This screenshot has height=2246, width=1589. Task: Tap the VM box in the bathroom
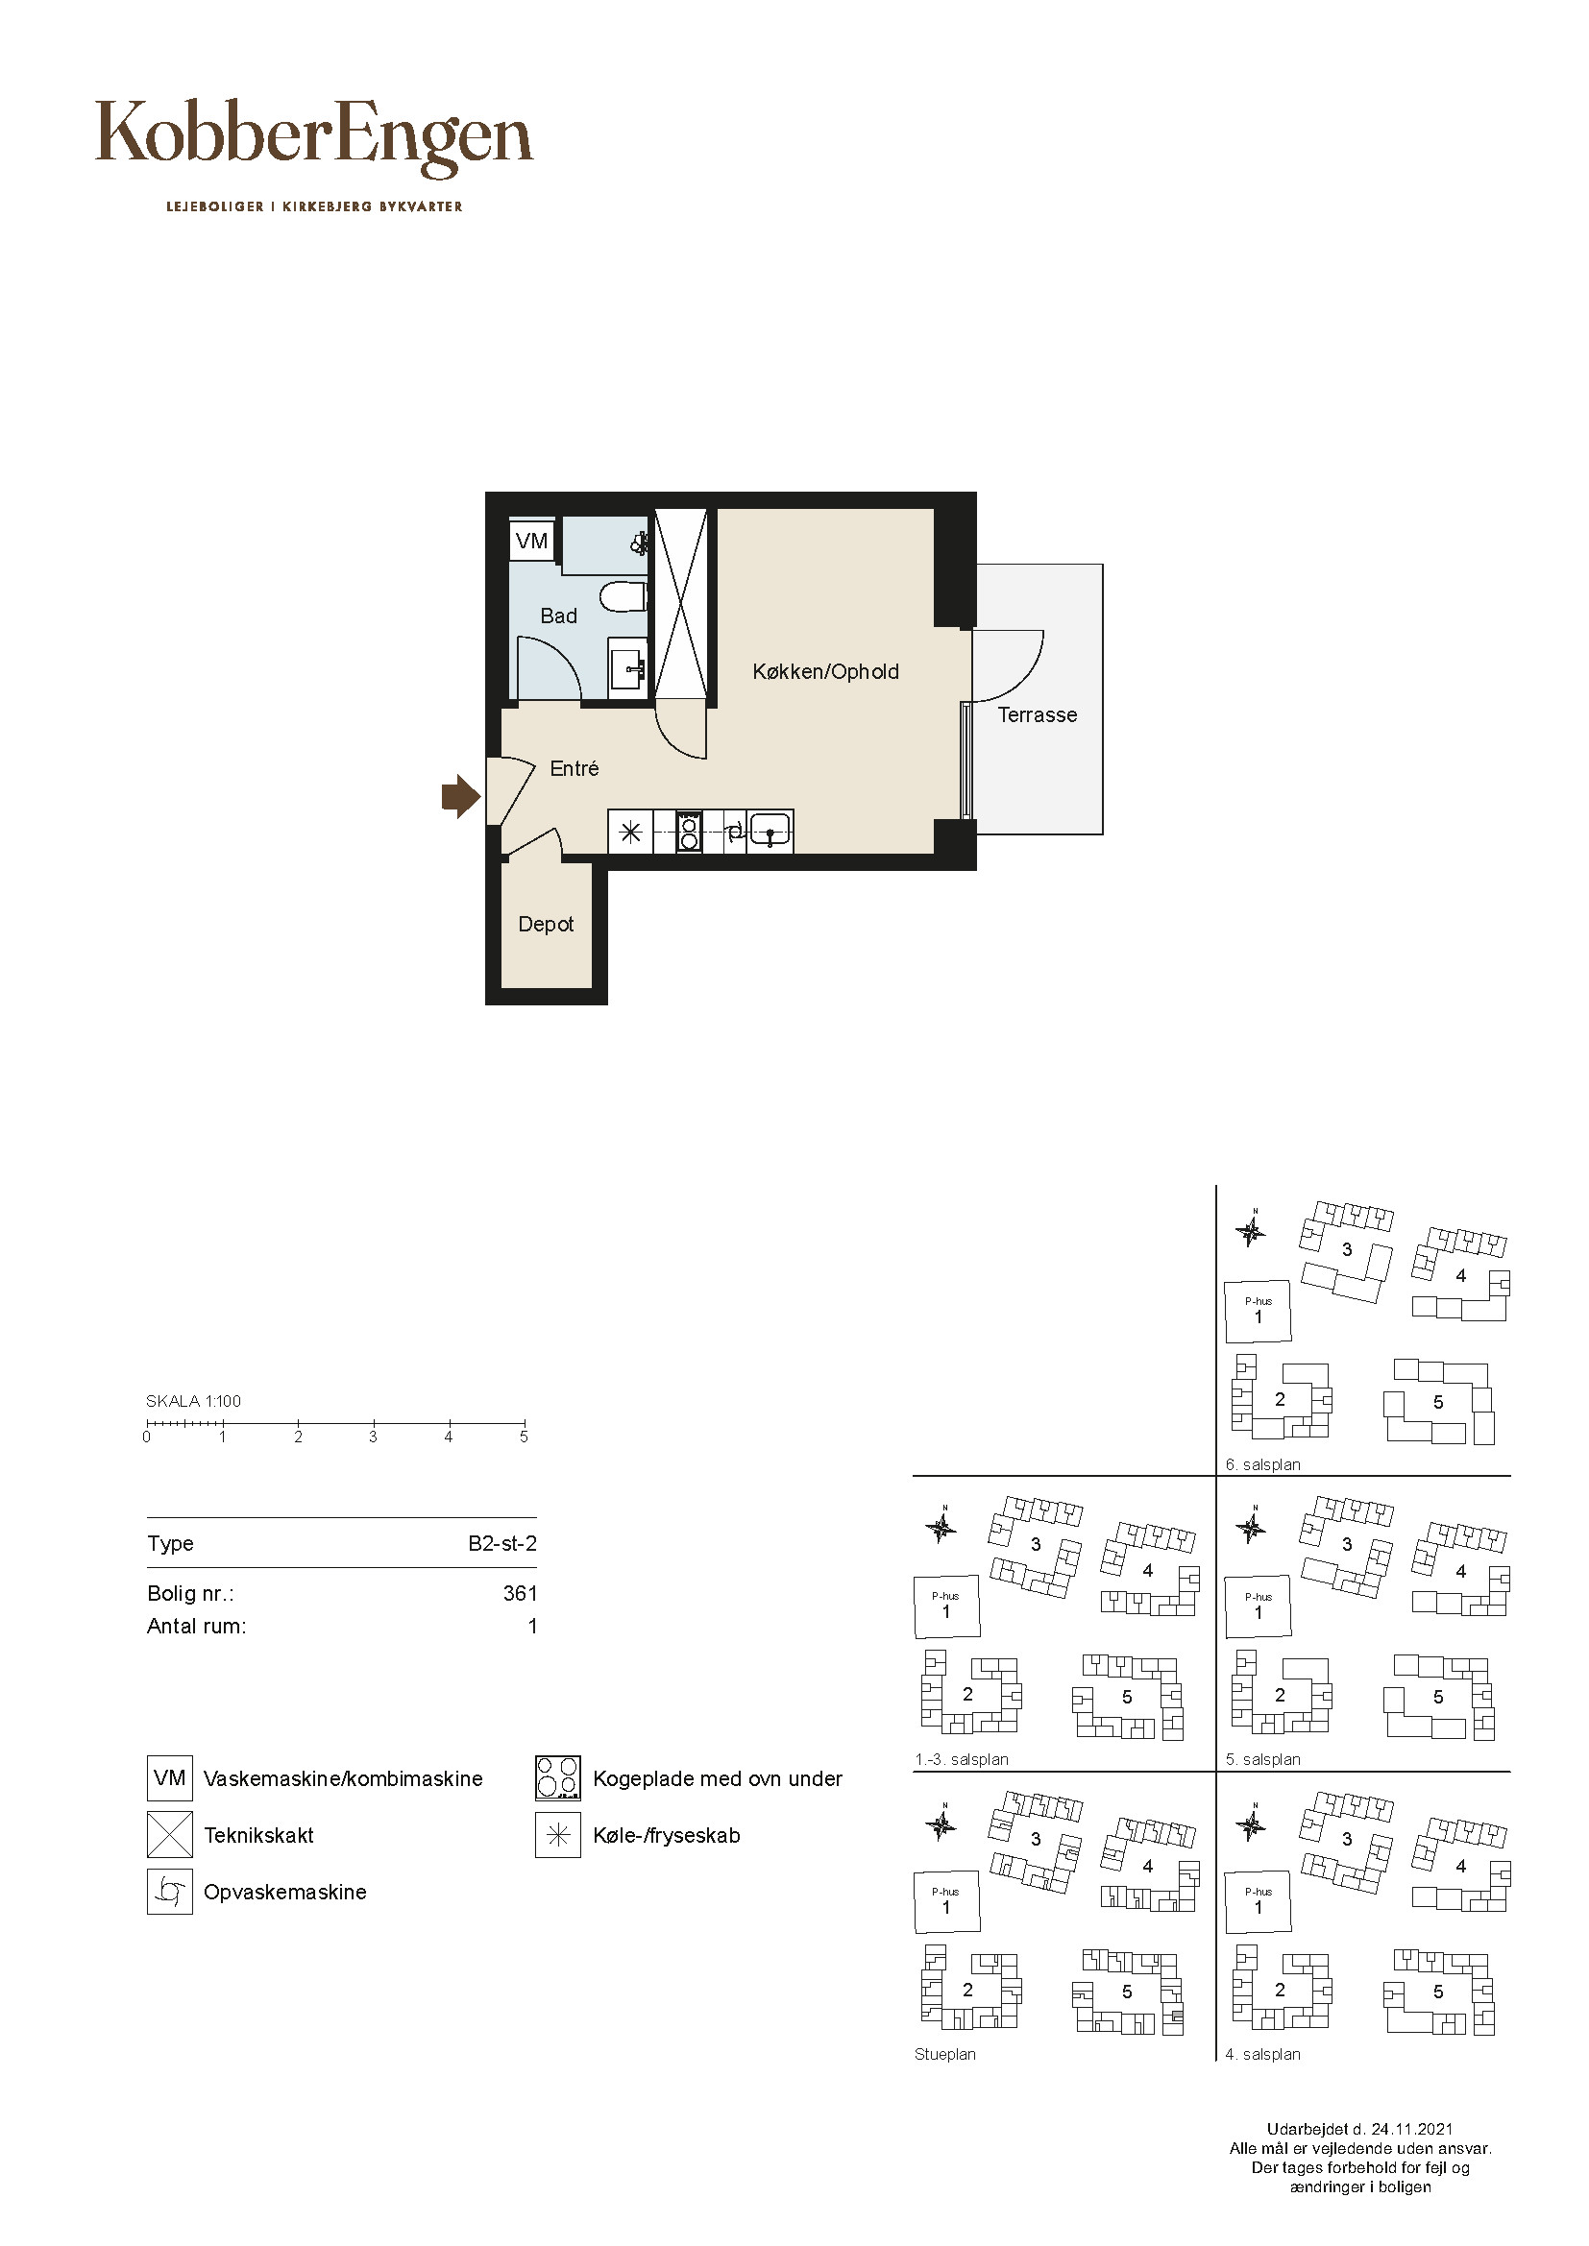coord(531,541)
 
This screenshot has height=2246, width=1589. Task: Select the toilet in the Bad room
coord(624,595)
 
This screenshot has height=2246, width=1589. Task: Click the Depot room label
coord(546,925)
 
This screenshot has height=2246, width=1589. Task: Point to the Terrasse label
coord(1038,715)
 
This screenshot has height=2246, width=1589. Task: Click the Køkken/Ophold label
coord(826,672)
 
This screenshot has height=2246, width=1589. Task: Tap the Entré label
coord(574,769)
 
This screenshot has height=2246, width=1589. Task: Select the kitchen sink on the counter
coord(770,833)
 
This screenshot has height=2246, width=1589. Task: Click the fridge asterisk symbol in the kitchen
coord(631,833)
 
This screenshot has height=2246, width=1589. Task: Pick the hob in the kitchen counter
coord(689,833)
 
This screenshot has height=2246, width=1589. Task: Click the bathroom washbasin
coord(628,667)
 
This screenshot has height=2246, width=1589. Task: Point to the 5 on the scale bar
coord(524,1437)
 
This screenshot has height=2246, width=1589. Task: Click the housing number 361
coord(521,1594)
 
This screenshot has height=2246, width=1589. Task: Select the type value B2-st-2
coord(502,1544)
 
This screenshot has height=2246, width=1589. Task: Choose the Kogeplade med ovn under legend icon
coord(558,1778)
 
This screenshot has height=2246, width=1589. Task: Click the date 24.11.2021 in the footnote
coord(1412,2129)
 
